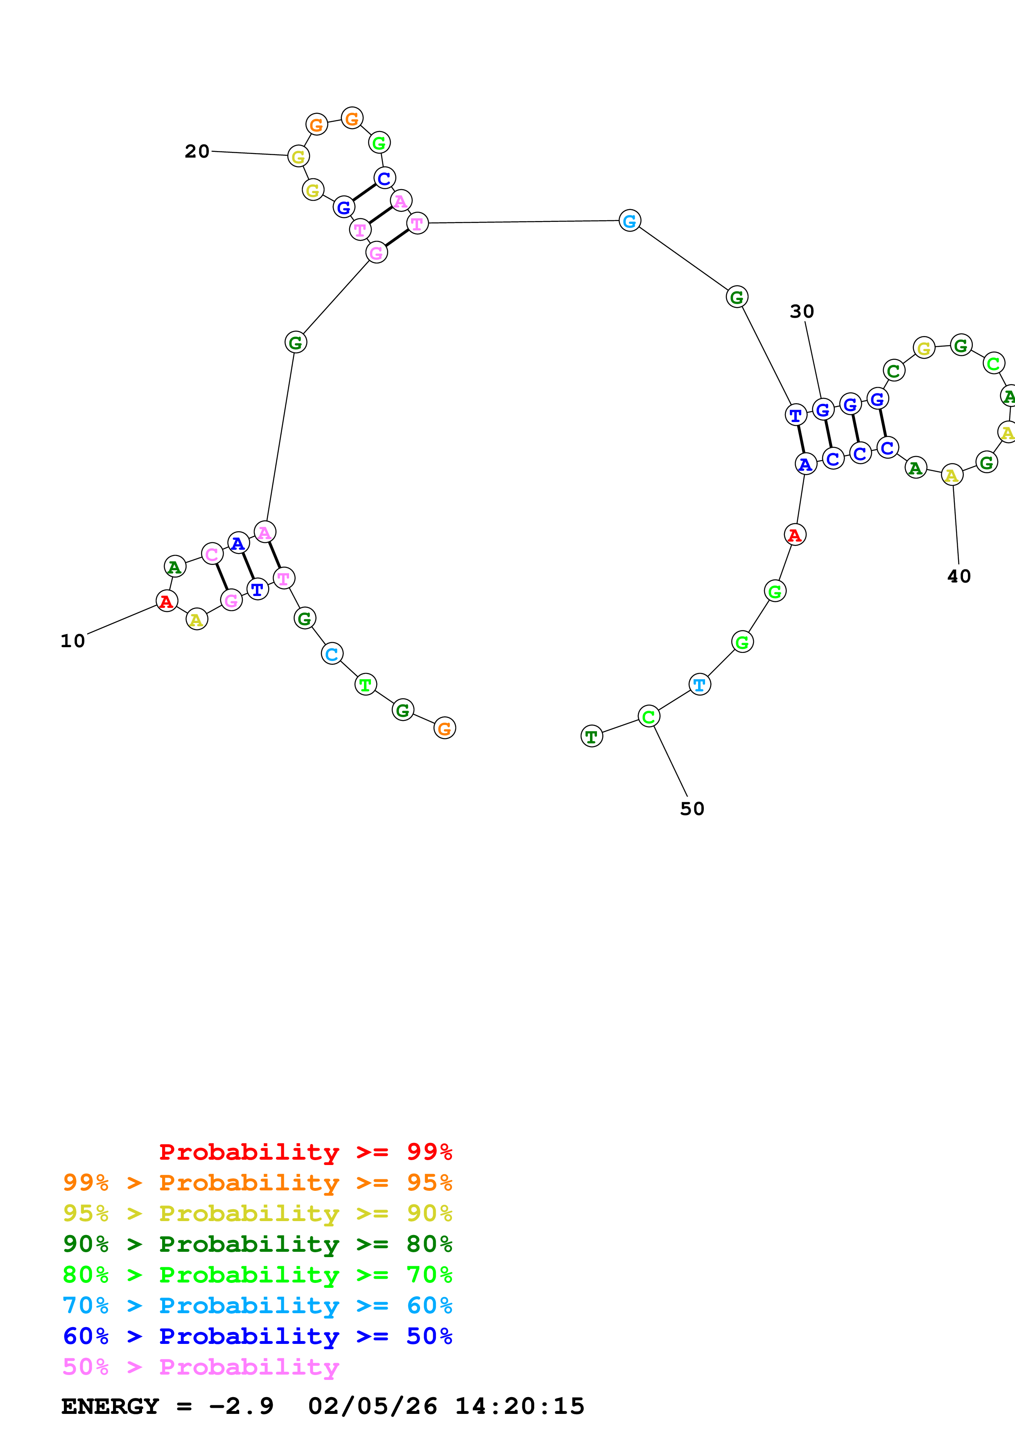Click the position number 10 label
(x=72, y=641)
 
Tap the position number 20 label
(x=197, y=151)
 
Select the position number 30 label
(x=802, y=312)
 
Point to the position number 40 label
(x=959, y=576)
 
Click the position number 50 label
(x=692, y=809)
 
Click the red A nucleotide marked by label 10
(x=166, y=601)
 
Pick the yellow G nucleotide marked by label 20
(x=298, y=156)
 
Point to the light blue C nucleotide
(x=332, y=654)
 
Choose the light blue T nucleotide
(x=699, y=685)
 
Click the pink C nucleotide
(x=212, y=554)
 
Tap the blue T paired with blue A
(x=796, y=415)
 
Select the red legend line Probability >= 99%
(x=305, y=1152)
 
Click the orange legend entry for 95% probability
(x=257, y=1183)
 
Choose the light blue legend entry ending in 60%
(x=257, y=1305)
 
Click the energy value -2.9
(x=241, y=1406)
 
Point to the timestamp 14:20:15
(x=519, y=1406)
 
